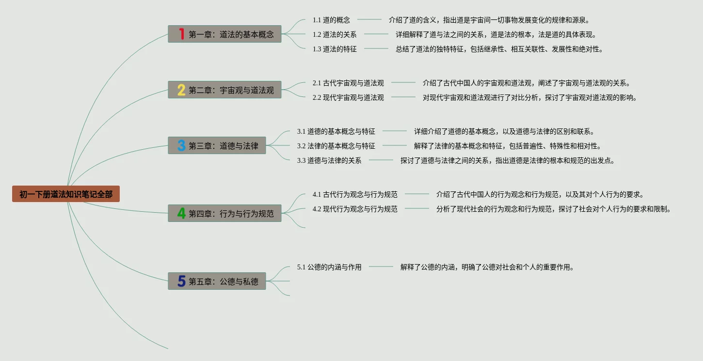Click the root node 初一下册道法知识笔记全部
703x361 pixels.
(x=66, y=194)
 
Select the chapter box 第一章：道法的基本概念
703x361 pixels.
(x=224, y=34)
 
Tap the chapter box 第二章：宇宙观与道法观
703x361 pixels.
(x=224, y=90)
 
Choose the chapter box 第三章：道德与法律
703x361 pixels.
(x=217, y=145)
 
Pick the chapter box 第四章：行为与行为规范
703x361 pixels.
(x=224, y=213)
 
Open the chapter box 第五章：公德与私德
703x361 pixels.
(x=217, y=281)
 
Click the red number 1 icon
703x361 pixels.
(x=182, y=34)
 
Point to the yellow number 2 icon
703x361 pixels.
(x=181, y=90)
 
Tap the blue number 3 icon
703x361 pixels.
(x=181, y=145)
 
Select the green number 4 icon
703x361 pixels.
(x=181, y=213)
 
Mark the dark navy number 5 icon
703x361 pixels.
(x=181, y=281)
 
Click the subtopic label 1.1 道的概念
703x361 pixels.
(x=331, y=20)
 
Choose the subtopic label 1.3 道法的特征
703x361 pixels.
(x=335, y=49)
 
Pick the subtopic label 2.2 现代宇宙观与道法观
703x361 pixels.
(x=348, y=97)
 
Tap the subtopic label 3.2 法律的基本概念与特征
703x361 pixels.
(x=336, y=146)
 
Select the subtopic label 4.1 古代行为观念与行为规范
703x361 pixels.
(x=355, y=194)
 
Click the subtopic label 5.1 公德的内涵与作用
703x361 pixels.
(x=329, y=267)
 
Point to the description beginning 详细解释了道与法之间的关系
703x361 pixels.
(x=495, y=34)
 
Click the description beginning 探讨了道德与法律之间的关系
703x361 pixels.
(x=507, y=160)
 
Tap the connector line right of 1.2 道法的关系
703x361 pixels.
(x=376, y=34)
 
